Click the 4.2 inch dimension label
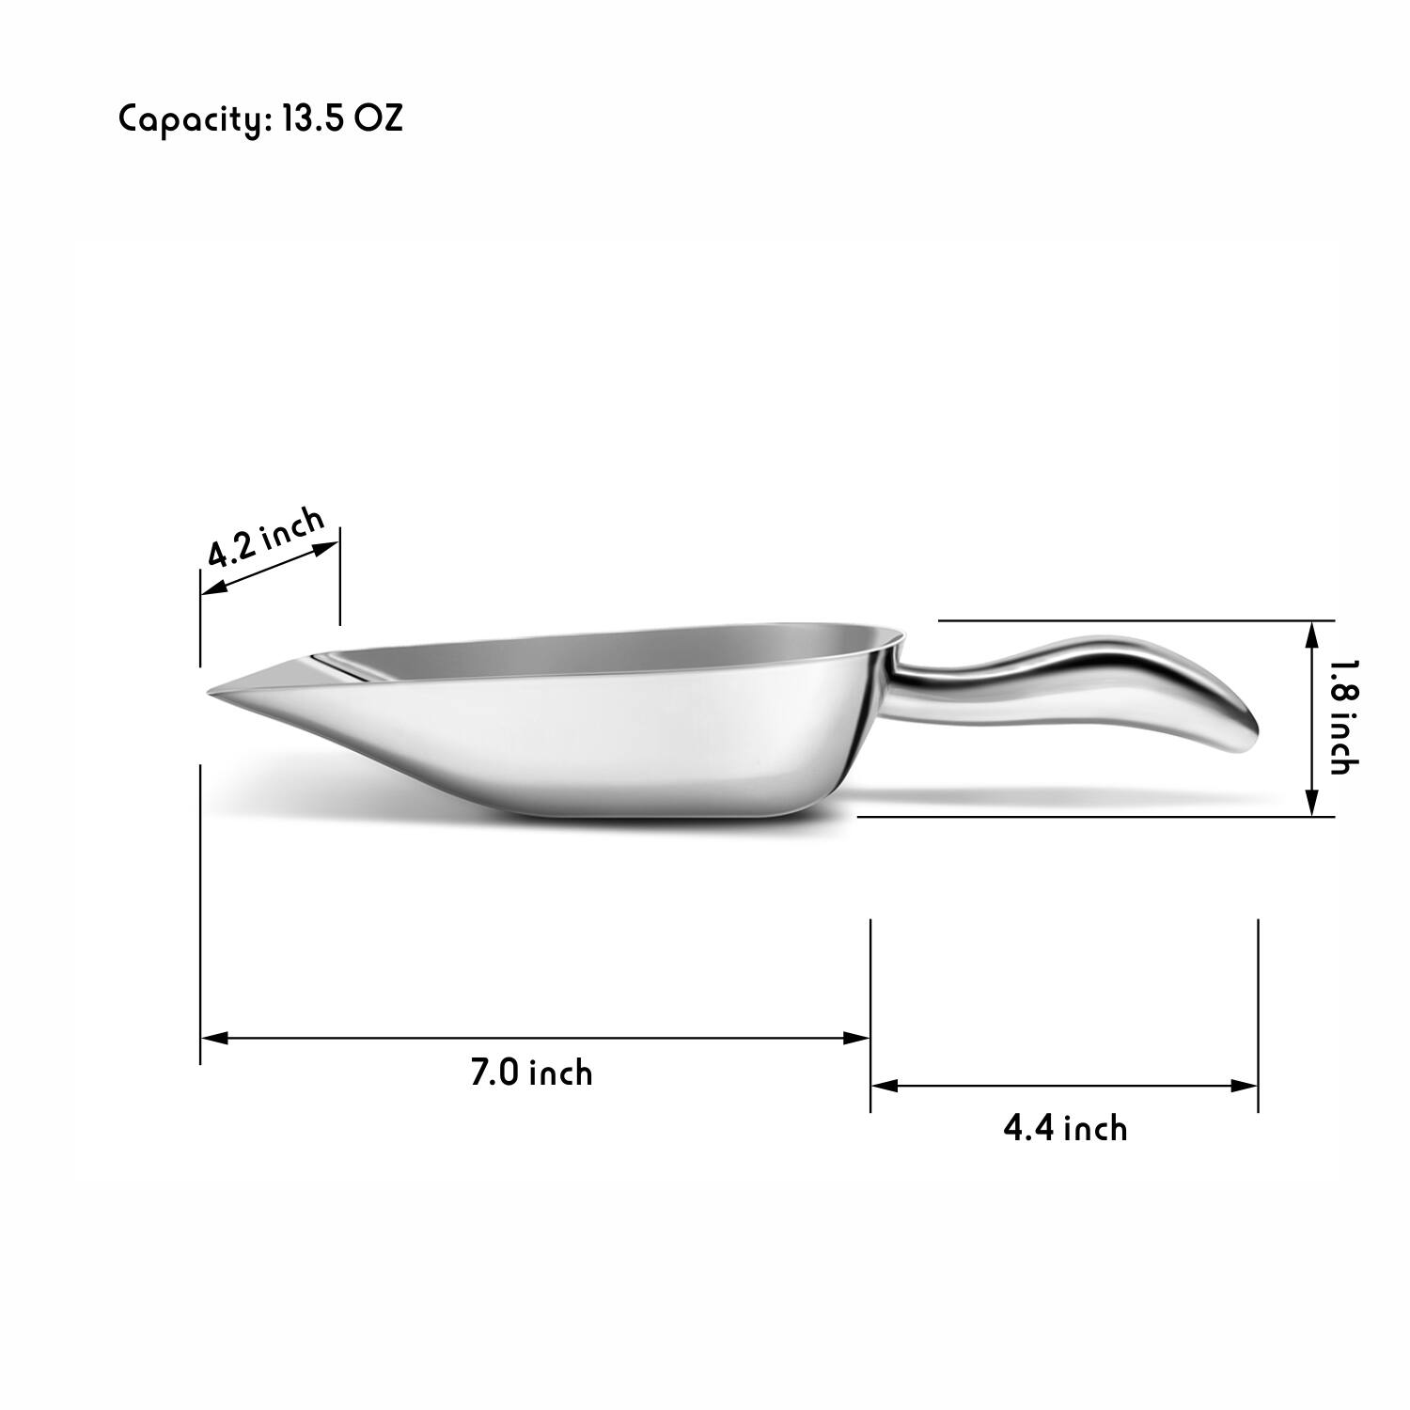266,538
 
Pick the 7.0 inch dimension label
531,1073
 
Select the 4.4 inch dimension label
1065,1127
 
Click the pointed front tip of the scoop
212,694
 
